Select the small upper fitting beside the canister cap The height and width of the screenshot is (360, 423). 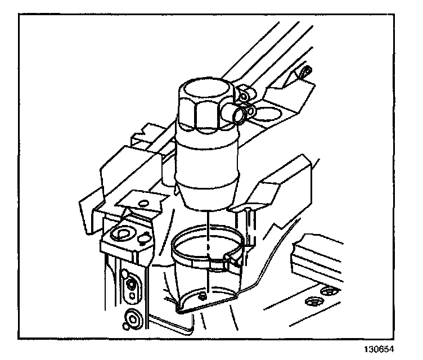coord(244,97)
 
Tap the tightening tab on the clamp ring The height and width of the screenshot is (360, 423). coord(229,259)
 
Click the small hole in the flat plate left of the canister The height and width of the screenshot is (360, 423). coord(143,201)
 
